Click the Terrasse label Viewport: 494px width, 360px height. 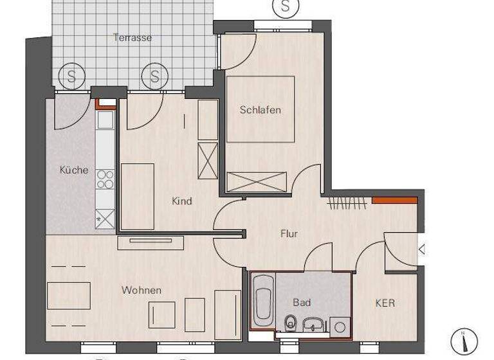click(133, 37)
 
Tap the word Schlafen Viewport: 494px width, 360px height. click(261, 110)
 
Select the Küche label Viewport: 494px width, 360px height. click(73, 170)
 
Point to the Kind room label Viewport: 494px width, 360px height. click(182, 201)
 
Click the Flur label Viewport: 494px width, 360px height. click(289, 233)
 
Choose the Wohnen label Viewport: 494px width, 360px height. click(142, 291)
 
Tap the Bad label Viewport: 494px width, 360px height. click(302, 302)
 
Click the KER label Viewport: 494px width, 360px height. click(385, 303)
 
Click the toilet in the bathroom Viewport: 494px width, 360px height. click(291, 321)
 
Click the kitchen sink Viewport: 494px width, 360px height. click(104, 120)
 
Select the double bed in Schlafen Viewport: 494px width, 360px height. click(261, 110)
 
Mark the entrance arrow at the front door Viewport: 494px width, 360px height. click(421, 249)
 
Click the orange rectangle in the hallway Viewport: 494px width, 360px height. click(395, 200)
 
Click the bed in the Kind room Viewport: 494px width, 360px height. click(137, 196)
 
